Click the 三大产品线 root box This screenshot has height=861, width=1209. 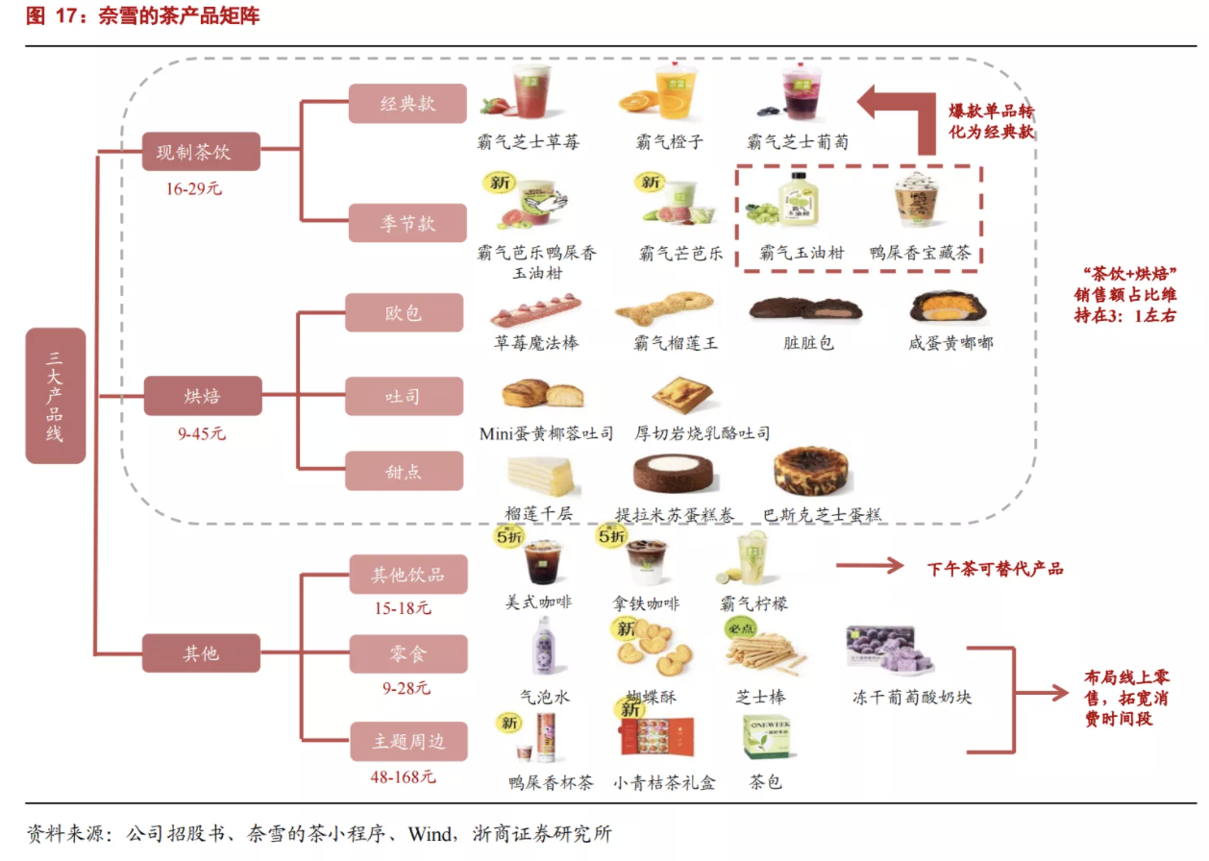pyautogui.click(x=56, y=396)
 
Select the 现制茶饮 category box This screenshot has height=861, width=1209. pyautogui.click(x=201, y=152)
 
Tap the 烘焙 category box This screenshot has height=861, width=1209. pyautogui.click(x=202, y=396)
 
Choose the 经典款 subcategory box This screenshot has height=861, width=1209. pyautogui.click(x=407, y=104)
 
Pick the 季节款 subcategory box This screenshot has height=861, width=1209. pyautogui.click(x=407, y=224)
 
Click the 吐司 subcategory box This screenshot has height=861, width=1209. pyautogui.click(x=404, y=396)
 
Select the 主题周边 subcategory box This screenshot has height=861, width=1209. pyautogui.click(x=408, y=742)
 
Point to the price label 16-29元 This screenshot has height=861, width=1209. pyautogui.click(x=193, y=189)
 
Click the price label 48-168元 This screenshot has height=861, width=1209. pyautogui.click(x=403, y=776)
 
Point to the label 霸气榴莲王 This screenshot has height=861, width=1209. pyautogui.click(x=676, y=343)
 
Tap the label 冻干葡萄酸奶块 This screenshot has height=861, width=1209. pyautogui.click(x=911, y=697)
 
